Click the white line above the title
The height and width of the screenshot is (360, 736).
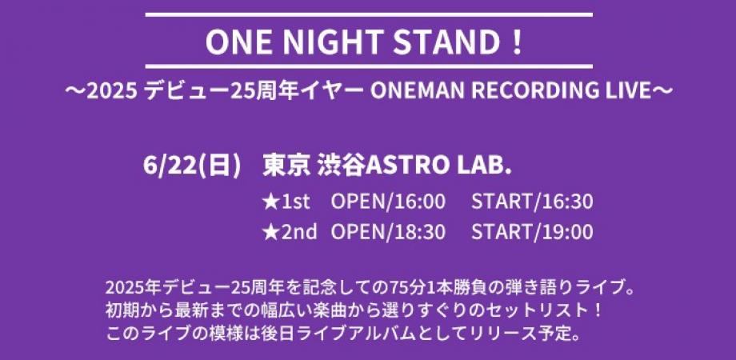click(367, 14)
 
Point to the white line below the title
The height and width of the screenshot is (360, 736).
click(367, 66)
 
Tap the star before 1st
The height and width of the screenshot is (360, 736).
click(270, 202)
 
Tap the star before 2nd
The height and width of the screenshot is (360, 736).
click(270, 232)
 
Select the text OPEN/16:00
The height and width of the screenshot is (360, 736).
click(387, 202)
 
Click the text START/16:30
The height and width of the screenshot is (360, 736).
click(532, 202)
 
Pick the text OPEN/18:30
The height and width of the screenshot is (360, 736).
click(387, 232)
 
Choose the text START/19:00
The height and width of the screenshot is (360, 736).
click(532, 232)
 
